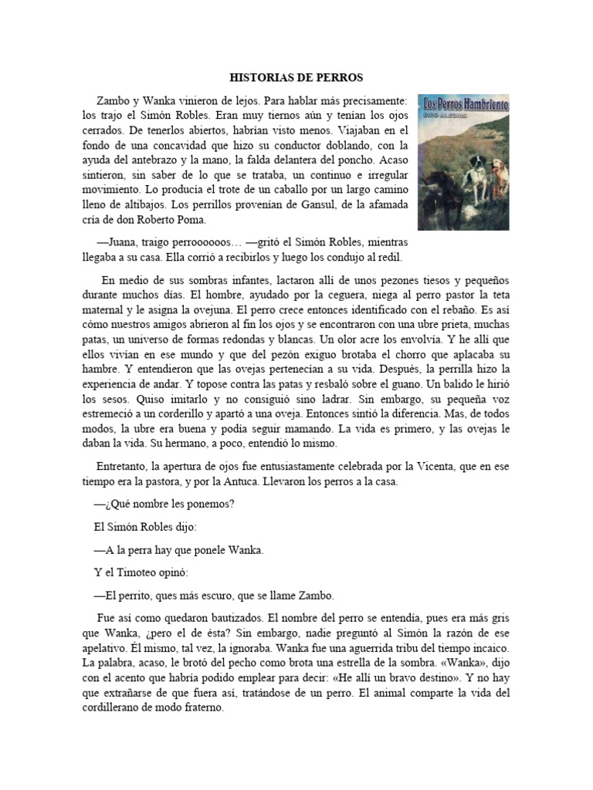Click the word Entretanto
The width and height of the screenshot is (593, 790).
click(x=122, y=468)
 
